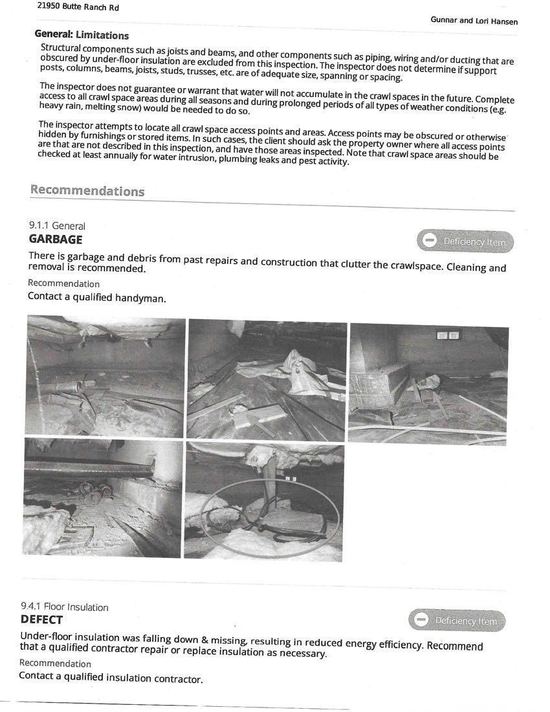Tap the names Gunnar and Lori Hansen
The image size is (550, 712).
click(474, 21)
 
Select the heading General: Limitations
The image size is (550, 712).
click(82, 35)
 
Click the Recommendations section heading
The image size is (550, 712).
click(87, 191)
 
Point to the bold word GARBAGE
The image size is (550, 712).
click(55, 239)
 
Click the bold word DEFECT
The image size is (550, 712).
click(41, 619)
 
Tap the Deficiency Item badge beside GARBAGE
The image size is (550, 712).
click(466, 241)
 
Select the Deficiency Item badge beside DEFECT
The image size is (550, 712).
click(457, 621)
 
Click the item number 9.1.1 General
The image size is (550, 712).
click(57, 226)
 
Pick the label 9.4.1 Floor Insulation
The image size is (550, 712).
click(64, 607)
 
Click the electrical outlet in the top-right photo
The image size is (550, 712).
click(448, 335)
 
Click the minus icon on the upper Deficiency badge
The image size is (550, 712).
click(429, 241)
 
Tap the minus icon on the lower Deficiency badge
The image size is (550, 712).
click(421, 620)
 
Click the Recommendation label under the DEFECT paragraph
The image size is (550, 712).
click(55, 663)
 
